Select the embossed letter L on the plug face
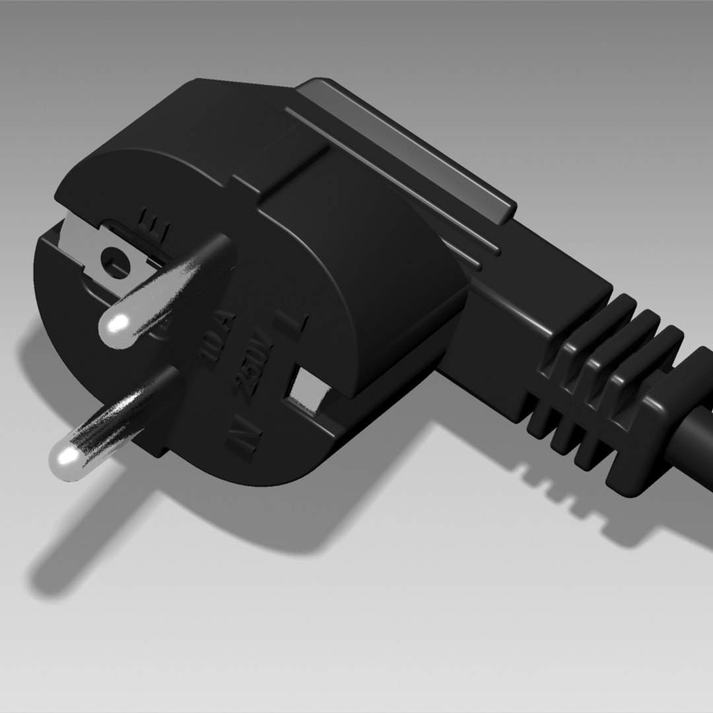pos(295,322)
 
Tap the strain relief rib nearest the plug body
pos(581,370)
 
